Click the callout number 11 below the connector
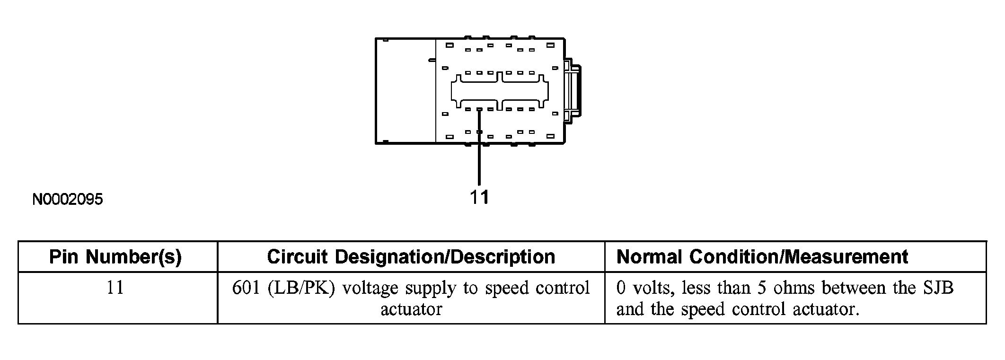click(479, 197)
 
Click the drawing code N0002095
click(68, 200)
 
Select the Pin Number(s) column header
click(115, 257)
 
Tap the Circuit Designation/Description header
click(411, 257)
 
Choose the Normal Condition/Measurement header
click(762, 257)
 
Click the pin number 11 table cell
click(115, 288)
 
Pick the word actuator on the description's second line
click(411, 309)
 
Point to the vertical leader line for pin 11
click(479, 147)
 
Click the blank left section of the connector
click(406, 90)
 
